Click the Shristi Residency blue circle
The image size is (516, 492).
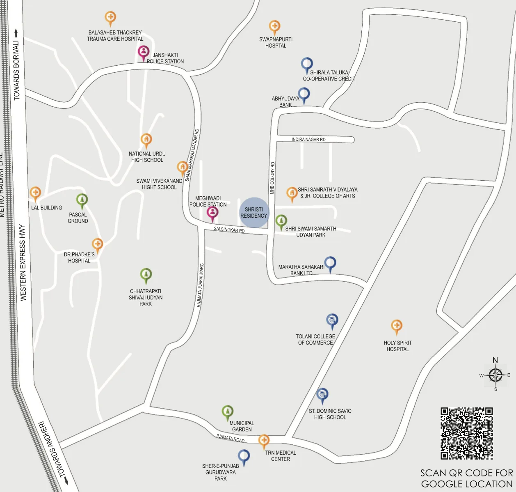point(254,212)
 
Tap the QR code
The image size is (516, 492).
point(466,433)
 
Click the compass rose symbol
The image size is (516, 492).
point(495,375)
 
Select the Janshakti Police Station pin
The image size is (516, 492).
point(143,52)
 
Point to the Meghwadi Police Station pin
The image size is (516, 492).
point(212,213)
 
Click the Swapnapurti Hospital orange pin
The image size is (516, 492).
point(274,27)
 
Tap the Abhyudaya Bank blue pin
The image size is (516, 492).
point(304,94)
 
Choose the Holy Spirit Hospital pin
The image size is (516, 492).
point(396,326)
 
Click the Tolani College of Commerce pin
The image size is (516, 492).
point(332,320)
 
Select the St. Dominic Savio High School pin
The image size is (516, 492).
point(322,395)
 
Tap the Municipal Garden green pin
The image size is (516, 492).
point(227,412)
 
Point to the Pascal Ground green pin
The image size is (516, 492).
point(82,200)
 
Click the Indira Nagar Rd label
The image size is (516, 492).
point(308,140)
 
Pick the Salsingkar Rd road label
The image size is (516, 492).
point(229,230)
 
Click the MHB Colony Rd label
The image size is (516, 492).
point(272,178)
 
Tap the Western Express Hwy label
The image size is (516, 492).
point(23,262)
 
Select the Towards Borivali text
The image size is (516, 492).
point(16,70)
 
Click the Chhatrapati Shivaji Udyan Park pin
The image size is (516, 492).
point(146,275)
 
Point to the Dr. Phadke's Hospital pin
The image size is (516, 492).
point(97,245)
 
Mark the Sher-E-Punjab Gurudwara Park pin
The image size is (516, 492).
point(244,456)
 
